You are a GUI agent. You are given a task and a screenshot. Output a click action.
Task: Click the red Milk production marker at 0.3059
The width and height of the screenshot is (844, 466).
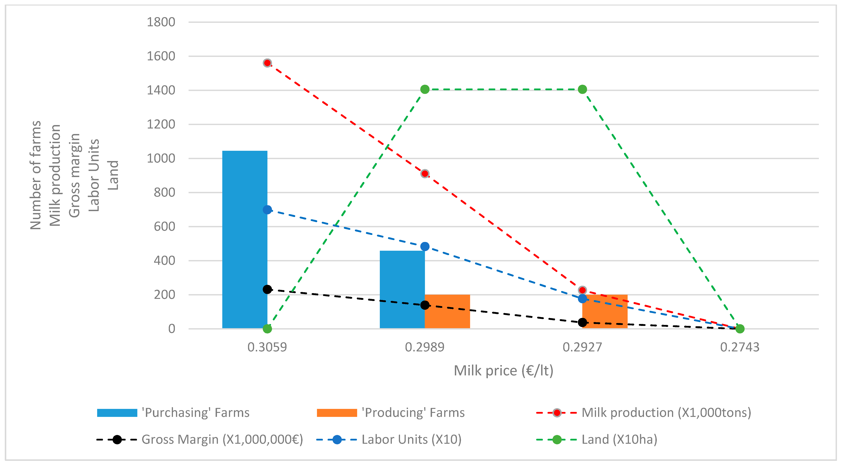click(267, 63)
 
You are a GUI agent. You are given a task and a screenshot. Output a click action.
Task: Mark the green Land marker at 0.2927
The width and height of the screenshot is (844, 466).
click(582, 89)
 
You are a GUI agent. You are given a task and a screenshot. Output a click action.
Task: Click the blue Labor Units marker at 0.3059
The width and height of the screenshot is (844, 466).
click(267, 210)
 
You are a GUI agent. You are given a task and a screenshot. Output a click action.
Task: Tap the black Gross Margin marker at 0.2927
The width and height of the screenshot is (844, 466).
click(582, 323)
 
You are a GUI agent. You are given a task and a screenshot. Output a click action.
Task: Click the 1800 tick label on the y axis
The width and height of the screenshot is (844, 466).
click(161, 22)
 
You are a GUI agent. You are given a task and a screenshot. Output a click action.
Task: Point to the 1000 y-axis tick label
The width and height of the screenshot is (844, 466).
click(161, 159)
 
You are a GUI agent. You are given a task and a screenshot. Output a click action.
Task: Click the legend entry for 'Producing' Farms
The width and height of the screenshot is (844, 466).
click(413, 413)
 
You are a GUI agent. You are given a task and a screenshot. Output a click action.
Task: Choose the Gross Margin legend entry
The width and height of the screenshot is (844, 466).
click(222, 440)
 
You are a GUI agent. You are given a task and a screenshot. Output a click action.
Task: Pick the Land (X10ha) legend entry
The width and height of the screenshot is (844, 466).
click(619, 440)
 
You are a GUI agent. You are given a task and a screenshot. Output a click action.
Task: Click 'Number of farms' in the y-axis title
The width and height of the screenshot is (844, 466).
click(35, 175)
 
